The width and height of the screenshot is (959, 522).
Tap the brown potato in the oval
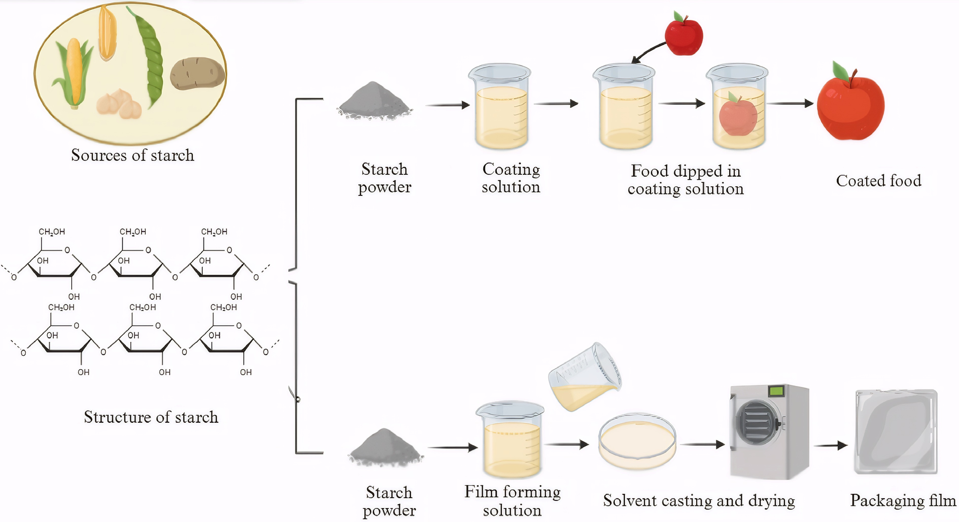[197, 73]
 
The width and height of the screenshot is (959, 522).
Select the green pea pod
[149, 56]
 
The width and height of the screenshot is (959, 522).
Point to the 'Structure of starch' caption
[151, 417]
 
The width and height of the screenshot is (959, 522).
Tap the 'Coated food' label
[879, 181]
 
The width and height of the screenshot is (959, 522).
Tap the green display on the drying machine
[776, 391]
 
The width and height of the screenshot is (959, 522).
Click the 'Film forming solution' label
[512, 501]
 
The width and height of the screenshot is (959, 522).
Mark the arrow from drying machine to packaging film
[831, 445]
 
